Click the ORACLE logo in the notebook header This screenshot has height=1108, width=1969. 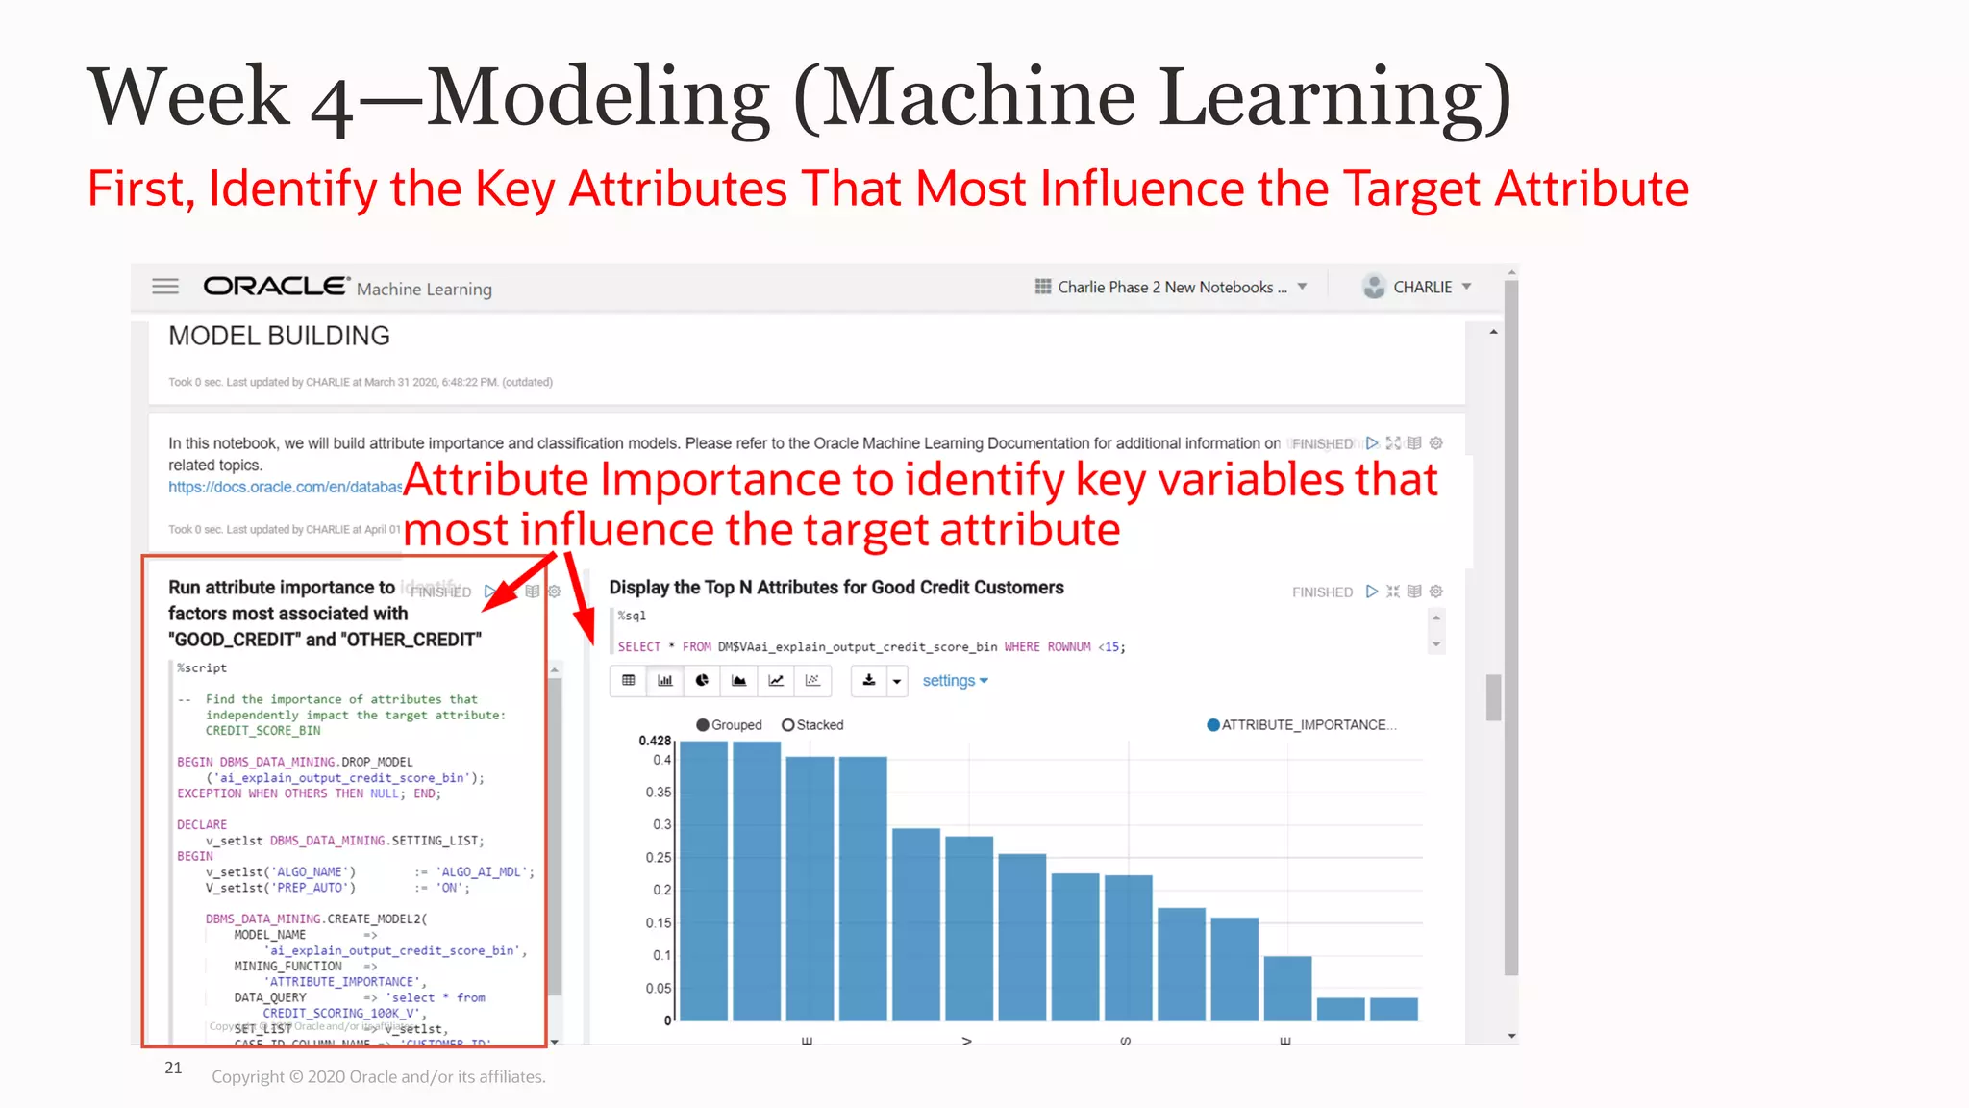pos(276,287)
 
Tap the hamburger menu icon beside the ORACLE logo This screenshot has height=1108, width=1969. pos(165,287)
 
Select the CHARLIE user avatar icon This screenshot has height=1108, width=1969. pos(1374,287)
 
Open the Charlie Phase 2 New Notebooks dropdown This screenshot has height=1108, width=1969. pos(1171,287)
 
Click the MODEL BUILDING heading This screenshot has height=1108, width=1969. pos(279,336)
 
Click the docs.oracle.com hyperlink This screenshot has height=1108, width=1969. pos(285,487)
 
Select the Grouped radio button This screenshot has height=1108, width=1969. pos(704,725)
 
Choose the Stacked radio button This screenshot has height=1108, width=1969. pos(788,725)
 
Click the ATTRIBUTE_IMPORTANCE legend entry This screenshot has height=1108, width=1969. pos(1302,725)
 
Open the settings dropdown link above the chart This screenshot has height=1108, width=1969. pos(955,681)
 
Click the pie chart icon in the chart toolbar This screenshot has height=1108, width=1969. pos(702,681)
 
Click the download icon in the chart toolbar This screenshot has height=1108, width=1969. pos(869,681)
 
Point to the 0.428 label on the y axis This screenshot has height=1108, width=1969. pos(655,741)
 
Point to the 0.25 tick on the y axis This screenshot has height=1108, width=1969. pos(658,857)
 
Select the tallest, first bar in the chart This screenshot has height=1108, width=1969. pos(704,880)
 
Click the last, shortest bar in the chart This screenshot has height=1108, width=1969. pos(1393,1009)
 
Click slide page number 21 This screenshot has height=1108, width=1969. pos(173,1068)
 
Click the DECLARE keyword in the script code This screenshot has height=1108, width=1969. pos(202,824)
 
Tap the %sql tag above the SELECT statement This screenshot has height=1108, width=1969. pos(632,616)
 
